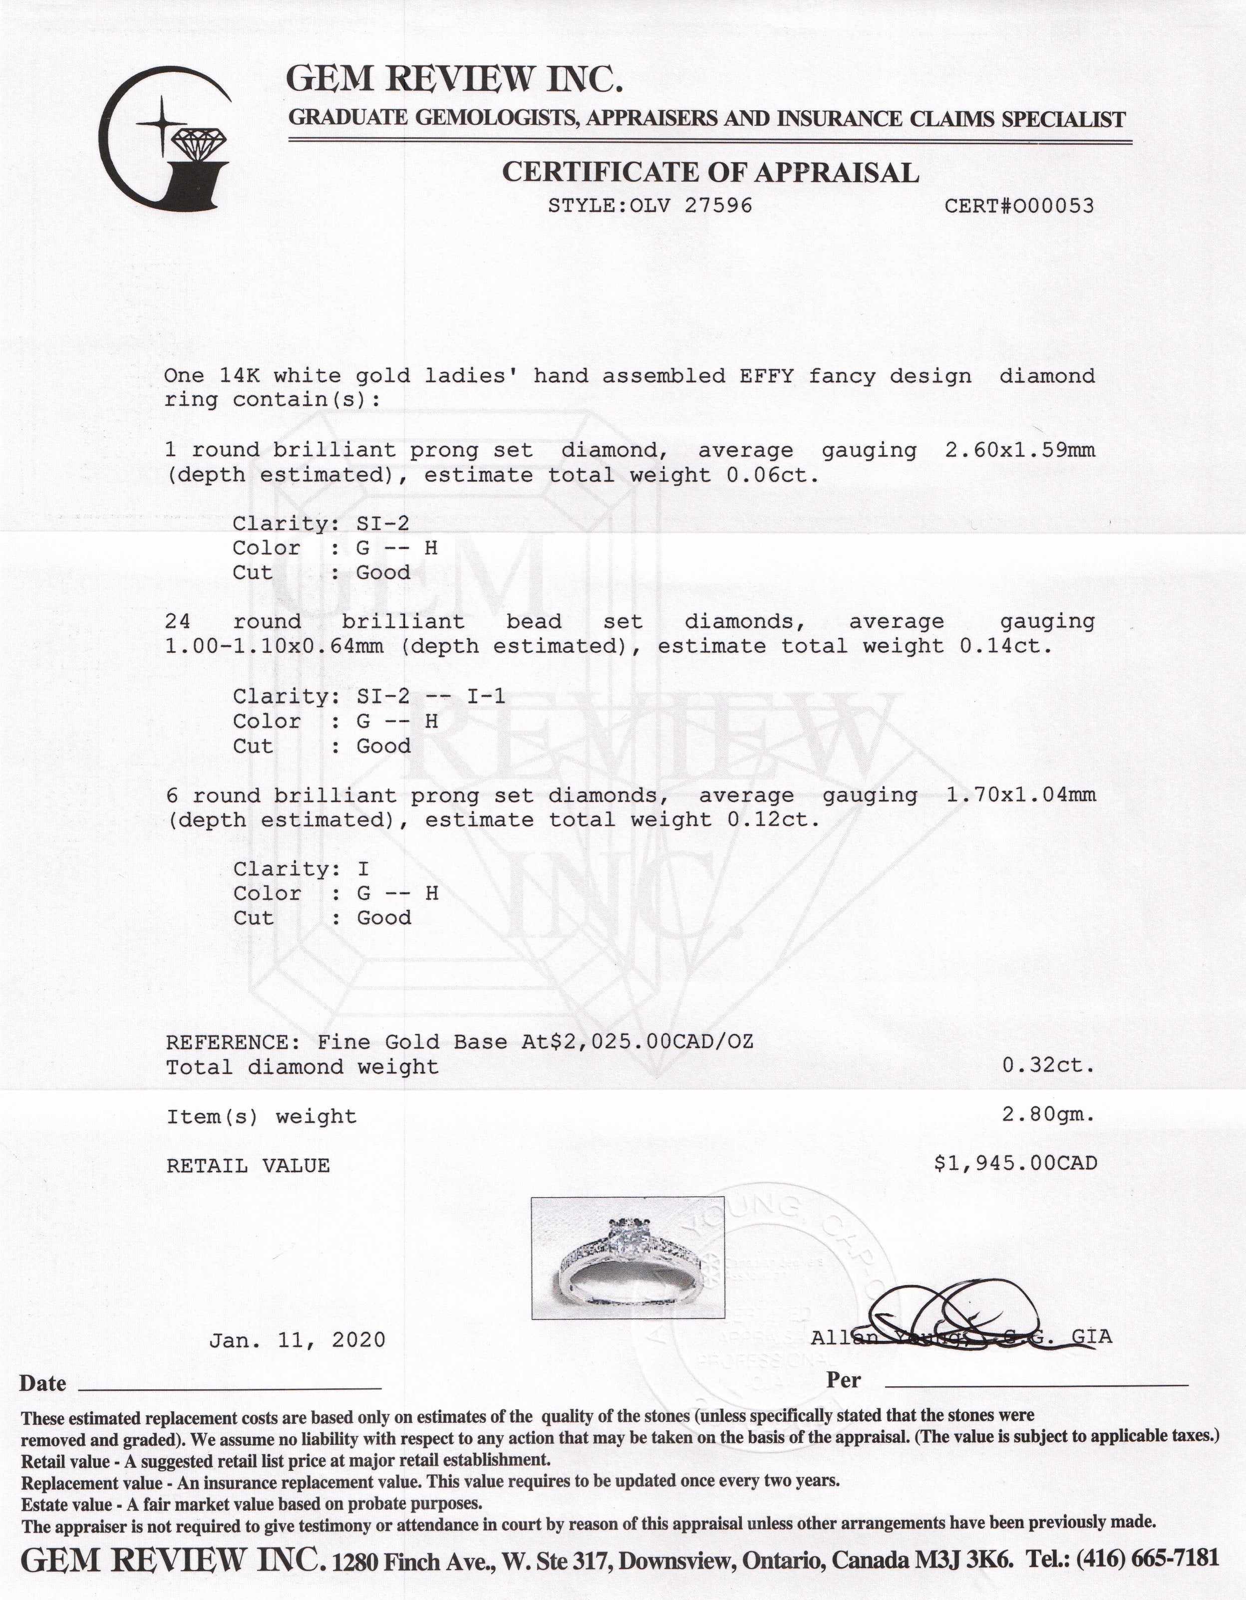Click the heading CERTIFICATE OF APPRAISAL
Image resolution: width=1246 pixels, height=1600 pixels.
[x=709, y=173]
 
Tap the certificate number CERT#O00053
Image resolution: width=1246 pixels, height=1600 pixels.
[x=1019, y=206]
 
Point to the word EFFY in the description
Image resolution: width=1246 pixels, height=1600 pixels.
[x=767, y=377]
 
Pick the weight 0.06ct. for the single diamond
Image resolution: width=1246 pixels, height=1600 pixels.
[x=772, y=476]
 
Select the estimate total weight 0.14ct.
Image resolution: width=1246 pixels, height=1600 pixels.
[x=1005, y=647]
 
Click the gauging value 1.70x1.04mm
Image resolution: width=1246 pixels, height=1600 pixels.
[x=1021, y=796]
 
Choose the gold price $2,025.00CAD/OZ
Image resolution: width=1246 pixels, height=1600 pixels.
[x=647, y=1043]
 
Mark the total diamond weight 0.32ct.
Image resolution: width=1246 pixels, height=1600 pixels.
[x=1048, y=1067]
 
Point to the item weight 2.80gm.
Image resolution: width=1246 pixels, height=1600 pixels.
[x=1048, y=1116]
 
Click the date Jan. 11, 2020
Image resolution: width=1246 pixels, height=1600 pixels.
[x=297, y=1340]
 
